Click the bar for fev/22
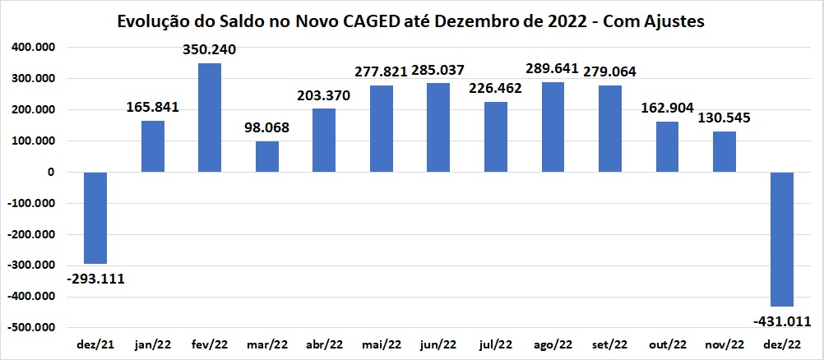pyautogui.click(x=210, y=118)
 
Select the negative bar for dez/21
pyautogui.click(x=95, y=218)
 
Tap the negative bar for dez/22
pyautogui.click(x=781, y=239)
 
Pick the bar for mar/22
pyautogui.click(x=267, y=156)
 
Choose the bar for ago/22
pyautogui.click(x=553, y=127)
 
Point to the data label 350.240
pyautogui.click(x=210, y=50)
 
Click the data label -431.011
pyautogui.click(x=781, y=320)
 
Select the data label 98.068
pyautogui.click(x=267, y=129)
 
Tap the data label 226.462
pyautogui.click(x=496, y=90)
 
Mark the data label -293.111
pyautogui.click(x=96, y=278)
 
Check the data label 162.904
pyautogui.click(x=667, y=108)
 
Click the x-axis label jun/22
pyautogui.click(x=439, y=344)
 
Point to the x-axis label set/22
pyautogui.click(x=610, y=344)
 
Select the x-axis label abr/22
pyautogui.click(x=325, y=344)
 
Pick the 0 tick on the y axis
pyautogui.click(x=50, y=173)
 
